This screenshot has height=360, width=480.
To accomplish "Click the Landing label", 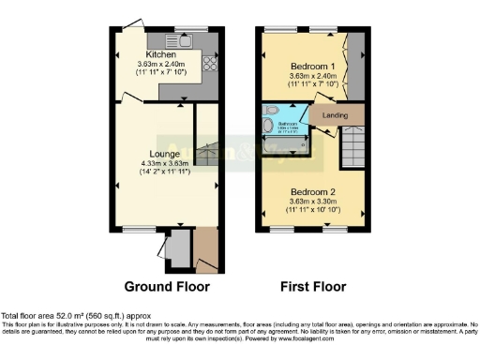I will tap(335, 115).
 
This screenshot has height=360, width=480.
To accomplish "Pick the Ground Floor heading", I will tap(167, 286).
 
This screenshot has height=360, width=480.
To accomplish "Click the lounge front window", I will tap(138, 228).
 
